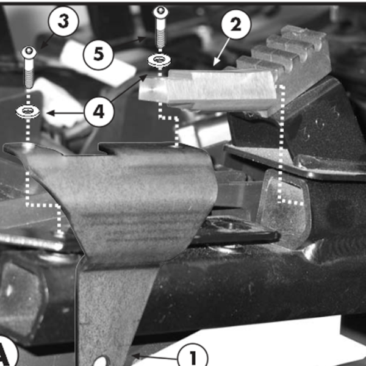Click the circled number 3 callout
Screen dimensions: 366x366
[63, 21]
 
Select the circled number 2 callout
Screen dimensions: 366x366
[236, 24]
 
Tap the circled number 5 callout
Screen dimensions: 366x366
[98, 54]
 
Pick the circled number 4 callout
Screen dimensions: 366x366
[99, 112]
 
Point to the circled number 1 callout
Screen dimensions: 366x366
[193, 357]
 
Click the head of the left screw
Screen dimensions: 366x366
[29, 52]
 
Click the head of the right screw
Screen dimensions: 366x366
[160, 12]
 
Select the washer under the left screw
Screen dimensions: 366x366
[27, 112]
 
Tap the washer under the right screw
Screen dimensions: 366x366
[159, 60]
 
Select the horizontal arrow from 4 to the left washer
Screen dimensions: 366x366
[65, 113]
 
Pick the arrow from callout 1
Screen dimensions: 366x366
[155, 357]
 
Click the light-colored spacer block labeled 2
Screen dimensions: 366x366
[208, 90]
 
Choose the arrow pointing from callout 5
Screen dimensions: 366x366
[131, 43]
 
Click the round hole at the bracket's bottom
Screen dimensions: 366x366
[101, 361]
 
